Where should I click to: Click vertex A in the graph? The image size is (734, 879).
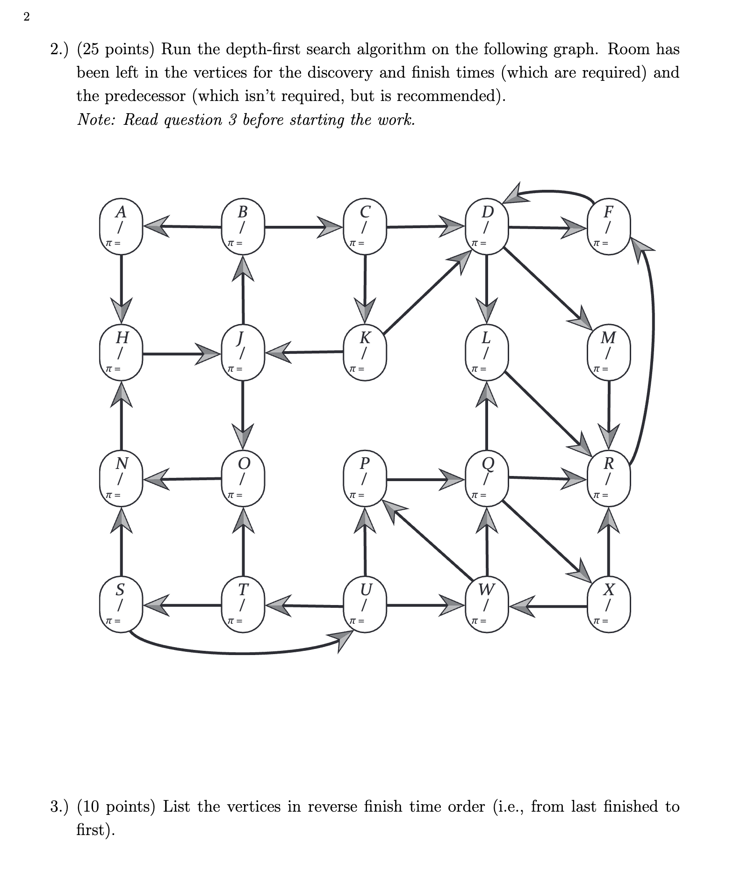[x=121, y=227]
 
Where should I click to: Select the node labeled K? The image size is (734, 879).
[x=365, y=352]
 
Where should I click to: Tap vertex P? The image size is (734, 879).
[x=365, y=479]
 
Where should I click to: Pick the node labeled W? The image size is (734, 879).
[x=486, y=605]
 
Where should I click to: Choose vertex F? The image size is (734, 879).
[x=608, y=227]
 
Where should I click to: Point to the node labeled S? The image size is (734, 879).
[x=121, y=605]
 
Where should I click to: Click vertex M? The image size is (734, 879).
[x=608, y=352]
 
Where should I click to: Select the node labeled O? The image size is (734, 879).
[x=243, y=479]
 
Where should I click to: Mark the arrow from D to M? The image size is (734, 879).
[x=547, y=288]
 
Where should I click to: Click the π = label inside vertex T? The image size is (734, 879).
[x=233, y=621]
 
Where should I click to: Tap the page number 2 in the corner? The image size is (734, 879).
[x=26, y=17]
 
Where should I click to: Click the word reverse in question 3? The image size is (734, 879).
[x=333, y=806]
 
